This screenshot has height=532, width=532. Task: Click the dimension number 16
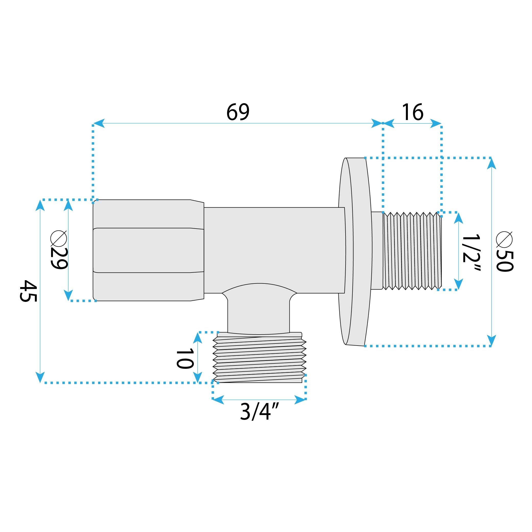[412, 112]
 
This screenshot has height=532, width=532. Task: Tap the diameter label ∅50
[504, 251]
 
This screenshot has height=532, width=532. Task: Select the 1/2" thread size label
[471, 253]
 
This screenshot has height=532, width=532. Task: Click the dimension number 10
[185, 359]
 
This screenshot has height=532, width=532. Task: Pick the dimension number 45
[28, 291]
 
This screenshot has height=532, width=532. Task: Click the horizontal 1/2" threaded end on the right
[412, 251]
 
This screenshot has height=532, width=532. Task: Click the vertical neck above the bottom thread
[258, 314]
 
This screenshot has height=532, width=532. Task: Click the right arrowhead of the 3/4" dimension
[301, 400]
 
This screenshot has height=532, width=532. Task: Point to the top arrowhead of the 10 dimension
[197, 338]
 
